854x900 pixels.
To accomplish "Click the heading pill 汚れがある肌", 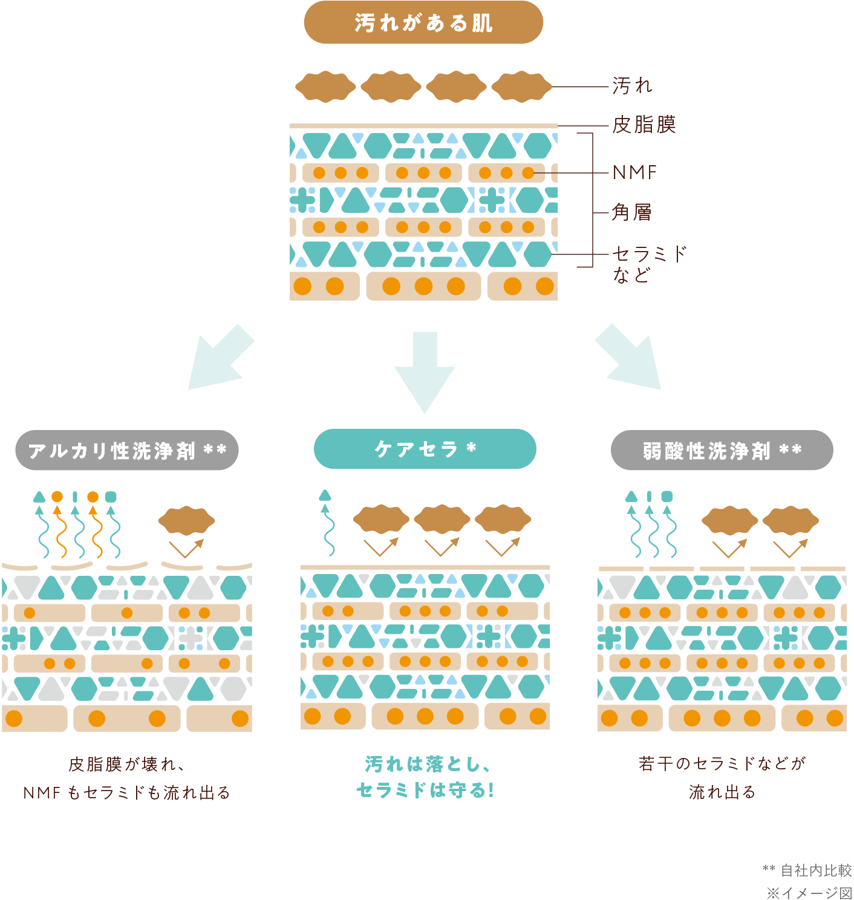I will click(x=423, y=23).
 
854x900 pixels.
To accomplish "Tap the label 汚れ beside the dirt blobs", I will click(x=632, y=86).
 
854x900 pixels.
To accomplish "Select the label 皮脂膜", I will click(x=644, y=125).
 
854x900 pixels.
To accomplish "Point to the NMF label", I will click(x=634, y=173).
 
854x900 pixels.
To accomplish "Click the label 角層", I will click(x=631, y=212).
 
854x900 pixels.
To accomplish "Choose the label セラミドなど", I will click(x=649, y=264).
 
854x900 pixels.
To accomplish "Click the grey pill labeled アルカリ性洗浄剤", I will click(x=127, y=451).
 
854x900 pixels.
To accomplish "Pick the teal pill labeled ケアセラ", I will click(x=425, y=449).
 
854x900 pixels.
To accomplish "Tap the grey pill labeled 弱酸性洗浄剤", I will click(x=722, y=451).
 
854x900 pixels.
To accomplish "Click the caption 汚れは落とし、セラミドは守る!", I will click(x=425, y=777).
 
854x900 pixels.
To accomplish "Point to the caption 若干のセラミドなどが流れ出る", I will click(x=722, y=777).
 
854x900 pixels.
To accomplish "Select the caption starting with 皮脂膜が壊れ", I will click(x=126, y=778).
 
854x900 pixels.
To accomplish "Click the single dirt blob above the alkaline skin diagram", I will click(x=186, y=521).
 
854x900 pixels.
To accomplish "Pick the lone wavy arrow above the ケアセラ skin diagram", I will click(x=327, y=523).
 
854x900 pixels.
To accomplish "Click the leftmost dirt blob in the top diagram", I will click(x=325, y=87).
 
